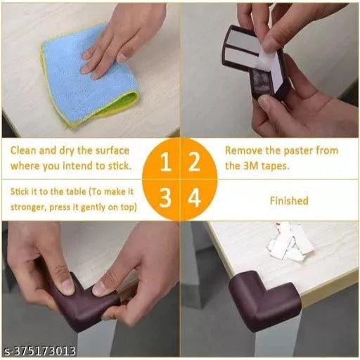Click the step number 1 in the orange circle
(x=165, y=162)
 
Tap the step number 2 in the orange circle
(x=194, y=162)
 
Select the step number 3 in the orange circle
(x=165, y=198)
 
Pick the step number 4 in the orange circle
(x=194, y=198)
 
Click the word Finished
(x=289, y=201)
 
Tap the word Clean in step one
(x=24, y=150)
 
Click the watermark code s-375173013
(x=41, y=351)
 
